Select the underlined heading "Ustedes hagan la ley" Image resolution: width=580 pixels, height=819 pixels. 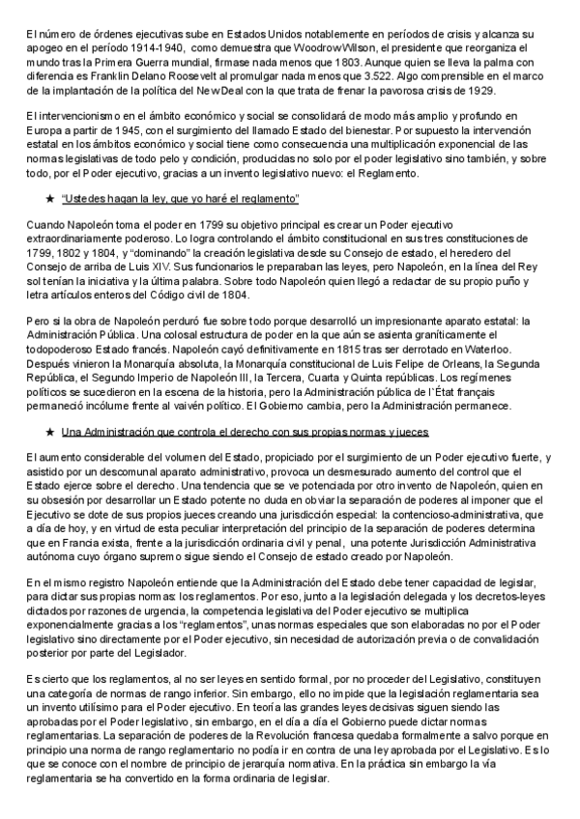tap(180, 199)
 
